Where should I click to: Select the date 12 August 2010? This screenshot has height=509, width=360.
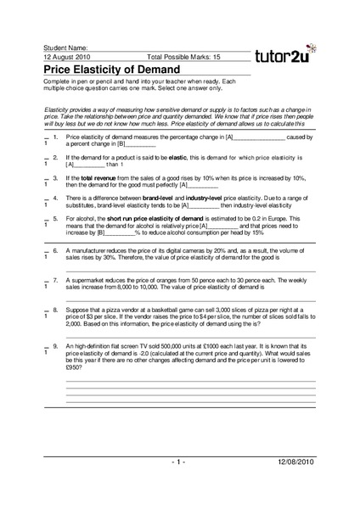(x=69, y=57)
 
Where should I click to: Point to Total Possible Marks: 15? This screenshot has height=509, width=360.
(x=184, y=57)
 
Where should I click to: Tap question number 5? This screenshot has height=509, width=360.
(x=55, y=218)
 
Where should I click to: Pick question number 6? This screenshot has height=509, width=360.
(x=55, y=251)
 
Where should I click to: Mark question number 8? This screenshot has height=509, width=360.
(x=55, y=310)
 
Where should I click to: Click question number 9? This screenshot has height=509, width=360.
(x=55, y=348)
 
